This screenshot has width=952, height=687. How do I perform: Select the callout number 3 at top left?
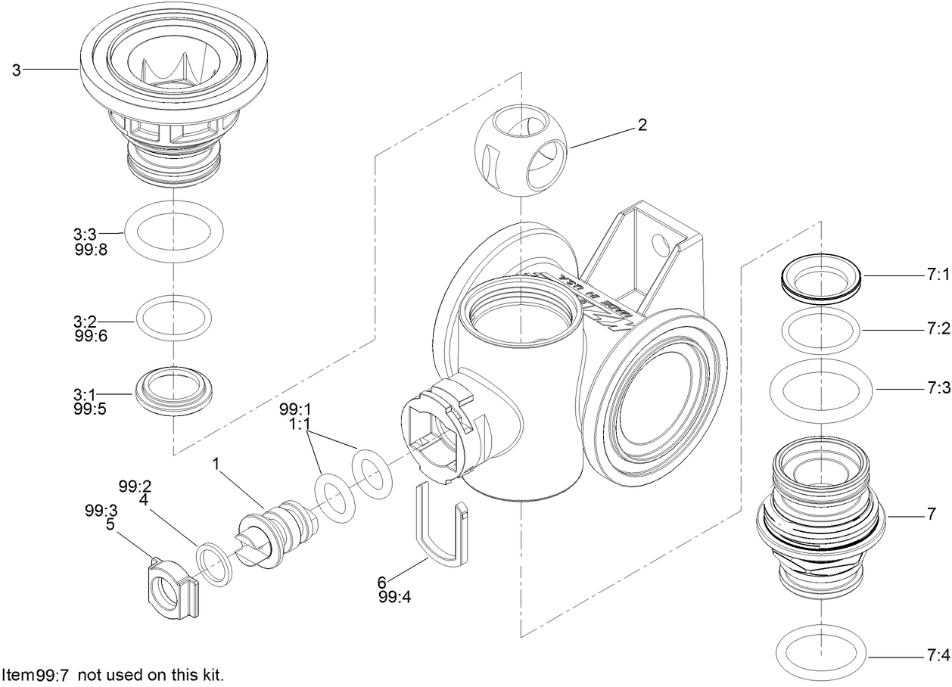pos(15,70)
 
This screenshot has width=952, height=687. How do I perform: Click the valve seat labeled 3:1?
pos(173,390)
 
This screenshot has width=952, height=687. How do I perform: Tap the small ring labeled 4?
pos(215,564)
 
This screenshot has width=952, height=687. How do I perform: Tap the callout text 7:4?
pos(937,654)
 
